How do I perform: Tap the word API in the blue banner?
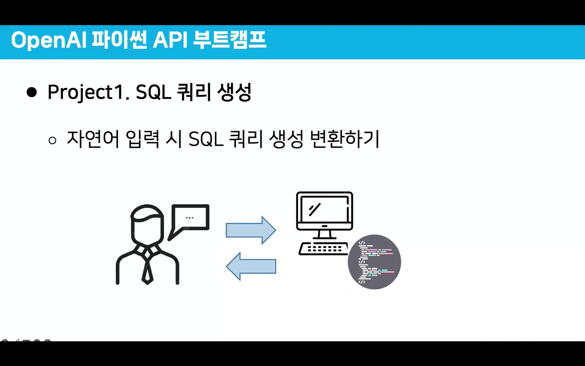coord(170,41)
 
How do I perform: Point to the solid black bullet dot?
coord(32,92)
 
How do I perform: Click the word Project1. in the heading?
coord(88,93)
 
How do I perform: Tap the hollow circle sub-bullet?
coord(52,140)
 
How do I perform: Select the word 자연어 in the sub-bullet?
coord(93,139)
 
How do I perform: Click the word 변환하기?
coord(345,139)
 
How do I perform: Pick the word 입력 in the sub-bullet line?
coord(142,139)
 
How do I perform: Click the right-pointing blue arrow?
coord(251,230)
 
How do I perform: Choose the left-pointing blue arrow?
coord(251,266)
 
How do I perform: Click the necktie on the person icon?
coord(147,269)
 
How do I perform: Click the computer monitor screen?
coord(324,210)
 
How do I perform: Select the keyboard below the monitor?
coord(324,249)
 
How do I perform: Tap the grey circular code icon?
coord(374,262)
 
